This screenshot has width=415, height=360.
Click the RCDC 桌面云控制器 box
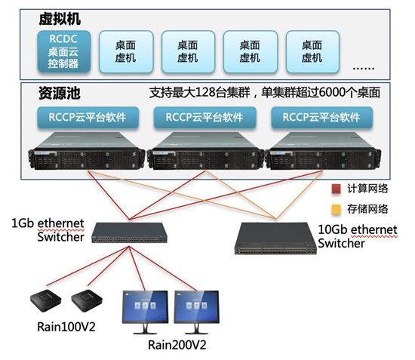tap(63, 51)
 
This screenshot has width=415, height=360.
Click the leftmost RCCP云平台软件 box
tap(88, 117)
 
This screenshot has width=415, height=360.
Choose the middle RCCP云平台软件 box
tap(204, 117)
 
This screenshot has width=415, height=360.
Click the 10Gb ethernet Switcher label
tap(355, 236)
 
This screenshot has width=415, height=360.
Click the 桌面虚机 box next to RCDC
tap(124, 51)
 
